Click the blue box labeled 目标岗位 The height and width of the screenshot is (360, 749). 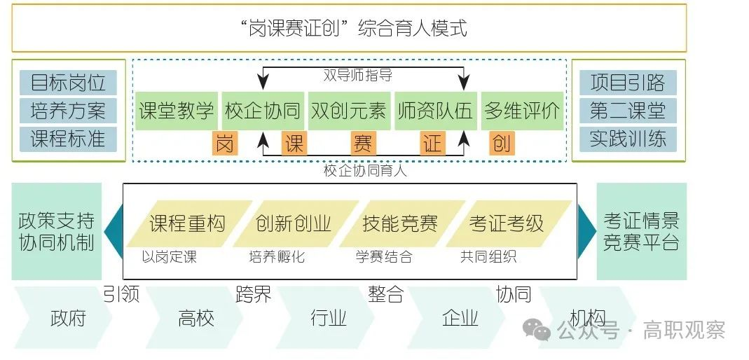[x=68, y=82]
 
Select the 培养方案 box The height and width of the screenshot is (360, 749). [x=68, y=110]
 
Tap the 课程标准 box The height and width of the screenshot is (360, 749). [x=68, y=138]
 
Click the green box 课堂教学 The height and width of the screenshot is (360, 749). [x=176, y=111]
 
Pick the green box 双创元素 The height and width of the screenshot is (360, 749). [x=348, y=111]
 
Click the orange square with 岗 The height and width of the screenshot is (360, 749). [x=224, y=144]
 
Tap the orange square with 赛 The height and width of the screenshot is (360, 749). [x=363, y=144]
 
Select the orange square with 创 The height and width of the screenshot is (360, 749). [x=501, y=144]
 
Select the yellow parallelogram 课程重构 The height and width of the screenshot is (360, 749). [x=187, y=223]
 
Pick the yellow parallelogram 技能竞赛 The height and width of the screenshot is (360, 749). [x=400, y=223]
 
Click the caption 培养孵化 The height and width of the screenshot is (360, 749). [x=277, y=257]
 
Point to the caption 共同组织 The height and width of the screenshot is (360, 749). [x=488, y=257]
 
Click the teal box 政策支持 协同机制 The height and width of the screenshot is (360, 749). [x=56, y=231]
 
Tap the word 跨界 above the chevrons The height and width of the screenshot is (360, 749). [x=253, y=294]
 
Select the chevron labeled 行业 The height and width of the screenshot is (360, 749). [x=329, y=319]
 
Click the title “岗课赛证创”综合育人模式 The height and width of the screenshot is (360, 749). [x=349, y=29]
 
